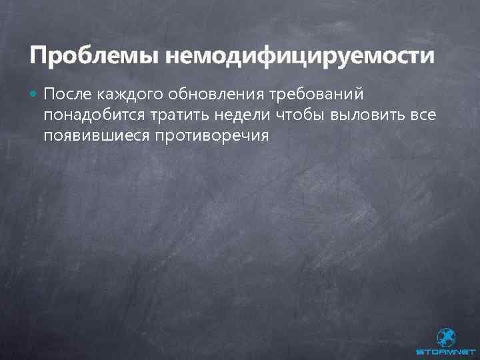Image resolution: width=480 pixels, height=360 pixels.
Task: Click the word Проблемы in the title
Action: point(91,55)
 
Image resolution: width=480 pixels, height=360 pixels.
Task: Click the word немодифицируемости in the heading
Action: point(300,55)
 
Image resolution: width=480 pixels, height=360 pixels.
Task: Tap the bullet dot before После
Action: point(34,95)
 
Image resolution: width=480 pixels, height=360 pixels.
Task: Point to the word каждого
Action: point(133,95)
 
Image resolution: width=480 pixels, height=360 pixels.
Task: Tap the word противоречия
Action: point(211,135)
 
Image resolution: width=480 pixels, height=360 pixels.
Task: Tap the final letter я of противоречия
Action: point(264,135)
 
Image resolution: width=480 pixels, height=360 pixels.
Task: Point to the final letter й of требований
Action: point(360,95)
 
